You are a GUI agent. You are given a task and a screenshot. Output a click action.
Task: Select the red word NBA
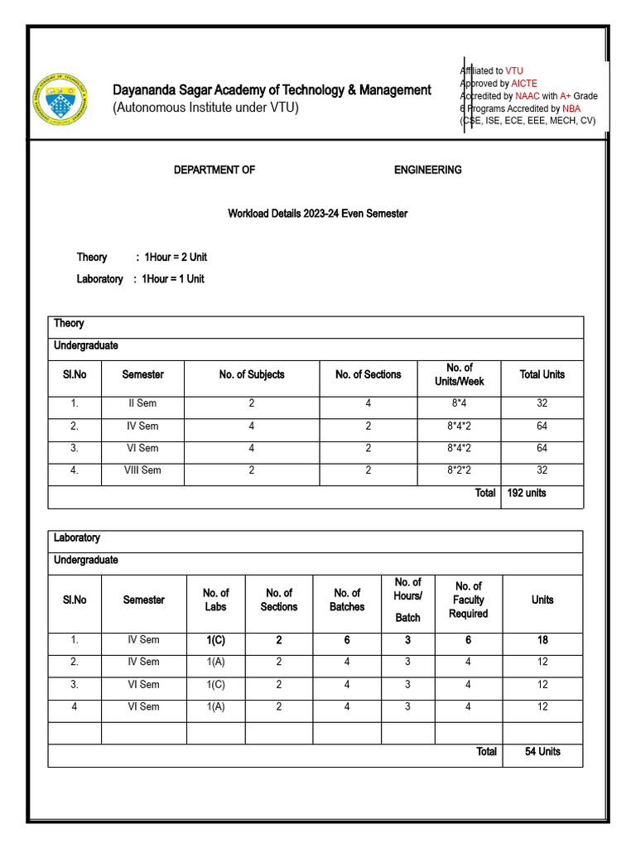click(571, 108)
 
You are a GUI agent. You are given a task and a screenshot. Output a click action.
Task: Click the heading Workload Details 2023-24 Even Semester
click(317, 214)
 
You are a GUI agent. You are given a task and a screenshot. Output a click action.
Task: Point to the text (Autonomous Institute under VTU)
click(205, 108)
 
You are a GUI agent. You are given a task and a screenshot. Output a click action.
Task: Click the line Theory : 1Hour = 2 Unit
click(142, 258)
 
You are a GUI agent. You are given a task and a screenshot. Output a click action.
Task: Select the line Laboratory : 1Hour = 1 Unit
click(140, 279)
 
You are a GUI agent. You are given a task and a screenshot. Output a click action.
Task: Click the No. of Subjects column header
click(252, 374)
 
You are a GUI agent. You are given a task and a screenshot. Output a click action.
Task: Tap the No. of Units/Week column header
click(459, 374)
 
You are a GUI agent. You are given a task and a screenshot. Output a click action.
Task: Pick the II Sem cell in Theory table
click(142, 404)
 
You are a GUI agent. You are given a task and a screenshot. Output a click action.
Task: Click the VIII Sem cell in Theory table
click(142, 470)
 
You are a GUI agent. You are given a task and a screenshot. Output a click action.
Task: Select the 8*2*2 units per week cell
click(459, 470)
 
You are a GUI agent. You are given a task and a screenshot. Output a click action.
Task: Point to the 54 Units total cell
click(542, 752)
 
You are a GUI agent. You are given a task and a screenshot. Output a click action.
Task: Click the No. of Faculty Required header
click(469, 600)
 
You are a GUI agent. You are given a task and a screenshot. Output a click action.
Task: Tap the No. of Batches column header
click(347, 600)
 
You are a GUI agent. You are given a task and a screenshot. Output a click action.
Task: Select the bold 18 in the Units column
click(542, 640)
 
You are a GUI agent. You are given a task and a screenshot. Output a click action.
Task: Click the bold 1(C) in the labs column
click(216, 640)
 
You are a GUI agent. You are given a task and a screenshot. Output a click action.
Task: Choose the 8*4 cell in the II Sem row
click(459, 404)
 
